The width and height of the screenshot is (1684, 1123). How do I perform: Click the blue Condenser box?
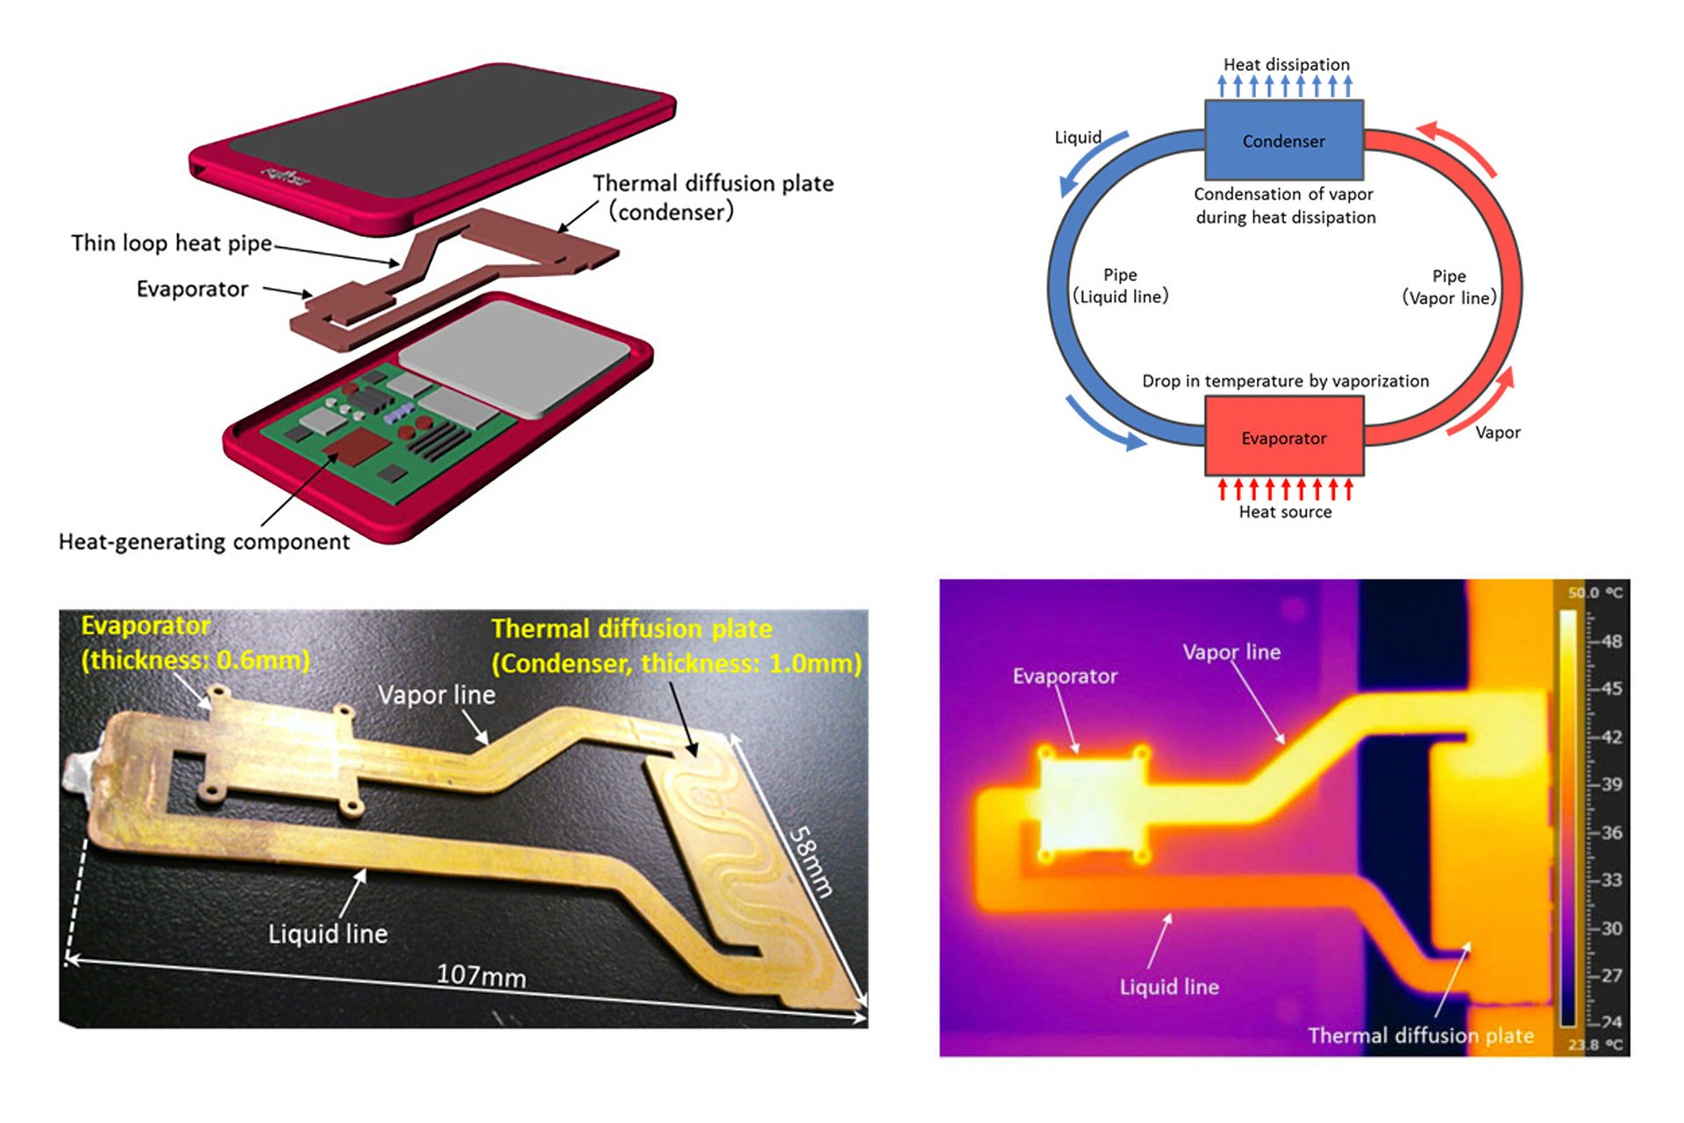[x=1283, y=140]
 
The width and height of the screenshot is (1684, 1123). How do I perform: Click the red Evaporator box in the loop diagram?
[x=1283, y=437]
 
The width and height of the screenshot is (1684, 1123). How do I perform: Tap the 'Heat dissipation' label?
[x=1286, y=64]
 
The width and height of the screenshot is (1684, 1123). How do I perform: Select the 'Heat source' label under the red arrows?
[x=1285, y=511]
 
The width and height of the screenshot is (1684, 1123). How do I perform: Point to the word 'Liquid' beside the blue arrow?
[x=1077, y=138]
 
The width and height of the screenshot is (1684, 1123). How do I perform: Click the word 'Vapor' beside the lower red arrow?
[x=1497, y=433]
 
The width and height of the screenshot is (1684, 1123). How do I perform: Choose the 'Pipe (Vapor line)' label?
[x=1449, y=287]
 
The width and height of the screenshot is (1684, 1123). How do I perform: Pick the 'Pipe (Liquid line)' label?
[x=1120, y=286]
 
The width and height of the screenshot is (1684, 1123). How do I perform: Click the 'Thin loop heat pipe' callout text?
[x=172, y=243]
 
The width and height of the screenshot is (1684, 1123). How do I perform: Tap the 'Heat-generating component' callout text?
[x=203, y=542]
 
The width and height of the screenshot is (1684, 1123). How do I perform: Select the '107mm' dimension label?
[x=481, y=975]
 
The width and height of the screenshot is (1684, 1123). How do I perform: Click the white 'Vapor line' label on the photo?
[x=436, y=695]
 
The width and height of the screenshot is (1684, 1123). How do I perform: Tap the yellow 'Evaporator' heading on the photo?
[x=146, y=626]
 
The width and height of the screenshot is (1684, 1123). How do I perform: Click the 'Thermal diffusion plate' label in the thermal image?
[x=1420, y=1036]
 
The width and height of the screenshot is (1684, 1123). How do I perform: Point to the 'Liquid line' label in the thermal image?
[x=1168, y=987]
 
